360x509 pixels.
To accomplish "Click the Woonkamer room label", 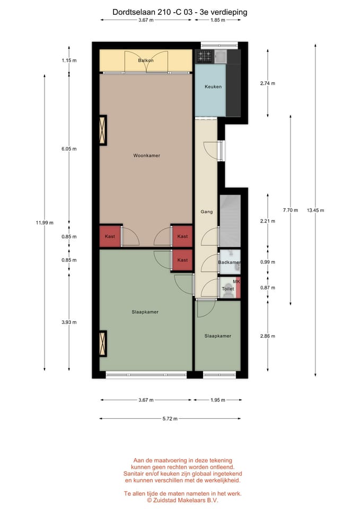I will (x=146, y=155).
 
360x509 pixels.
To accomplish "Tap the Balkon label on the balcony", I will (x=146, y=60).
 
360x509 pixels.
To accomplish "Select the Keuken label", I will (x=213, y=86).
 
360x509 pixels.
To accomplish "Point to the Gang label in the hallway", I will (x=206, y=212).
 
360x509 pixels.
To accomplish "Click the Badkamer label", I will (x=229, y=262).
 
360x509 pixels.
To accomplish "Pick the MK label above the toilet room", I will (x=236, y=281).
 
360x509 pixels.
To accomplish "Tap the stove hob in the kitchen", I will (x=204, y=55).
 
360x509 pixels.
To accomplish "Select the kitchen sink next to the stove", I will (x=220, y=55).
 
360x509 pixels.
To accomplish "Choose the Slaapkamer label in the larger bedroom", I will (x=145, y=312).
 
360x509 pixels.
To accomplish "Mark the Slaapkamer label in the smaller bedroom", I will (x=218, y=336).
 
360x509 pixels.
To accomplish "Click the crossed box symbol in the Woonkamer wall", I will (x=102, y=129).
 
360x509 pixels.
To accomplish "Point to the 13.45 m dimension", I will (x=315, y=210).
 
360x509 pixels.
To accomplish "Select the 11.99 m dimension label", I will (x=45, y=223).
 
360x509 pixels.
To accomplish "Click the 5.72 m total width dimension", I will (x=170, y=418).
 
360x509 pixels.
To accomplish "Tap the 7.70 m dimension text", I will (x=291, y=210).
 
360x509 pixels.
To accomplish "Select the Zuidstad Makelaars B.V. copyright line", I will (x=182, y=499).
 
